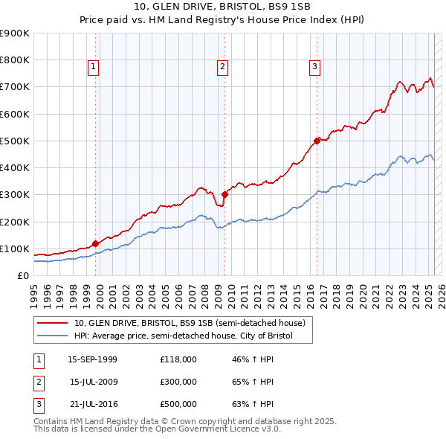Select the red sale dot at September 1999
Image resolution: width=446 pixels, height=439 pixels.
[x=96, y=243]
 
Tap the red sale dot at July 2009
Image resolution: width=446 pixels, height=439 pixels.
[x=224, y=194]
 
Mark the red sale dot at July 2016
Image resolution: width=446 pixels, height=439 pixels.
[x=317, y=140]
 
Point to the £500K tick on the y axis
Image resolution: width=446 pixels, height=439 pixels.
[x=14, y=141]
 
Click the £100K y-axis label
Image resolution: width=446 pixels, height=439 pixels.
[x=14, y=249]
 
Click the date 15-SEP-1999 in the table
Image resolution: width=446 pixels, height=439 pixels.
[x=92, y=359]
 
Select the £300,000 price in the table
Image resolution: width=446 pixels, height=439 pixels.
[x=178, y=382]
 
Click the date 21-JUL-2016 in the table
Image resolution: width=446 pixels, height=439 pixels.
[x=92, y=404]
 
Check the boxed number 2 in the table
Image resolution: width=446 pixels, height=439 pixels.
[x=37, y=382]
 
